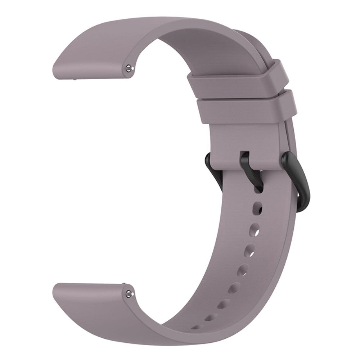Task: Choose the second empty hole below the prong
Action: [255, 229]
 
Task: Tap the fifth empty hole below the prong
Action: [236, 287]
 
